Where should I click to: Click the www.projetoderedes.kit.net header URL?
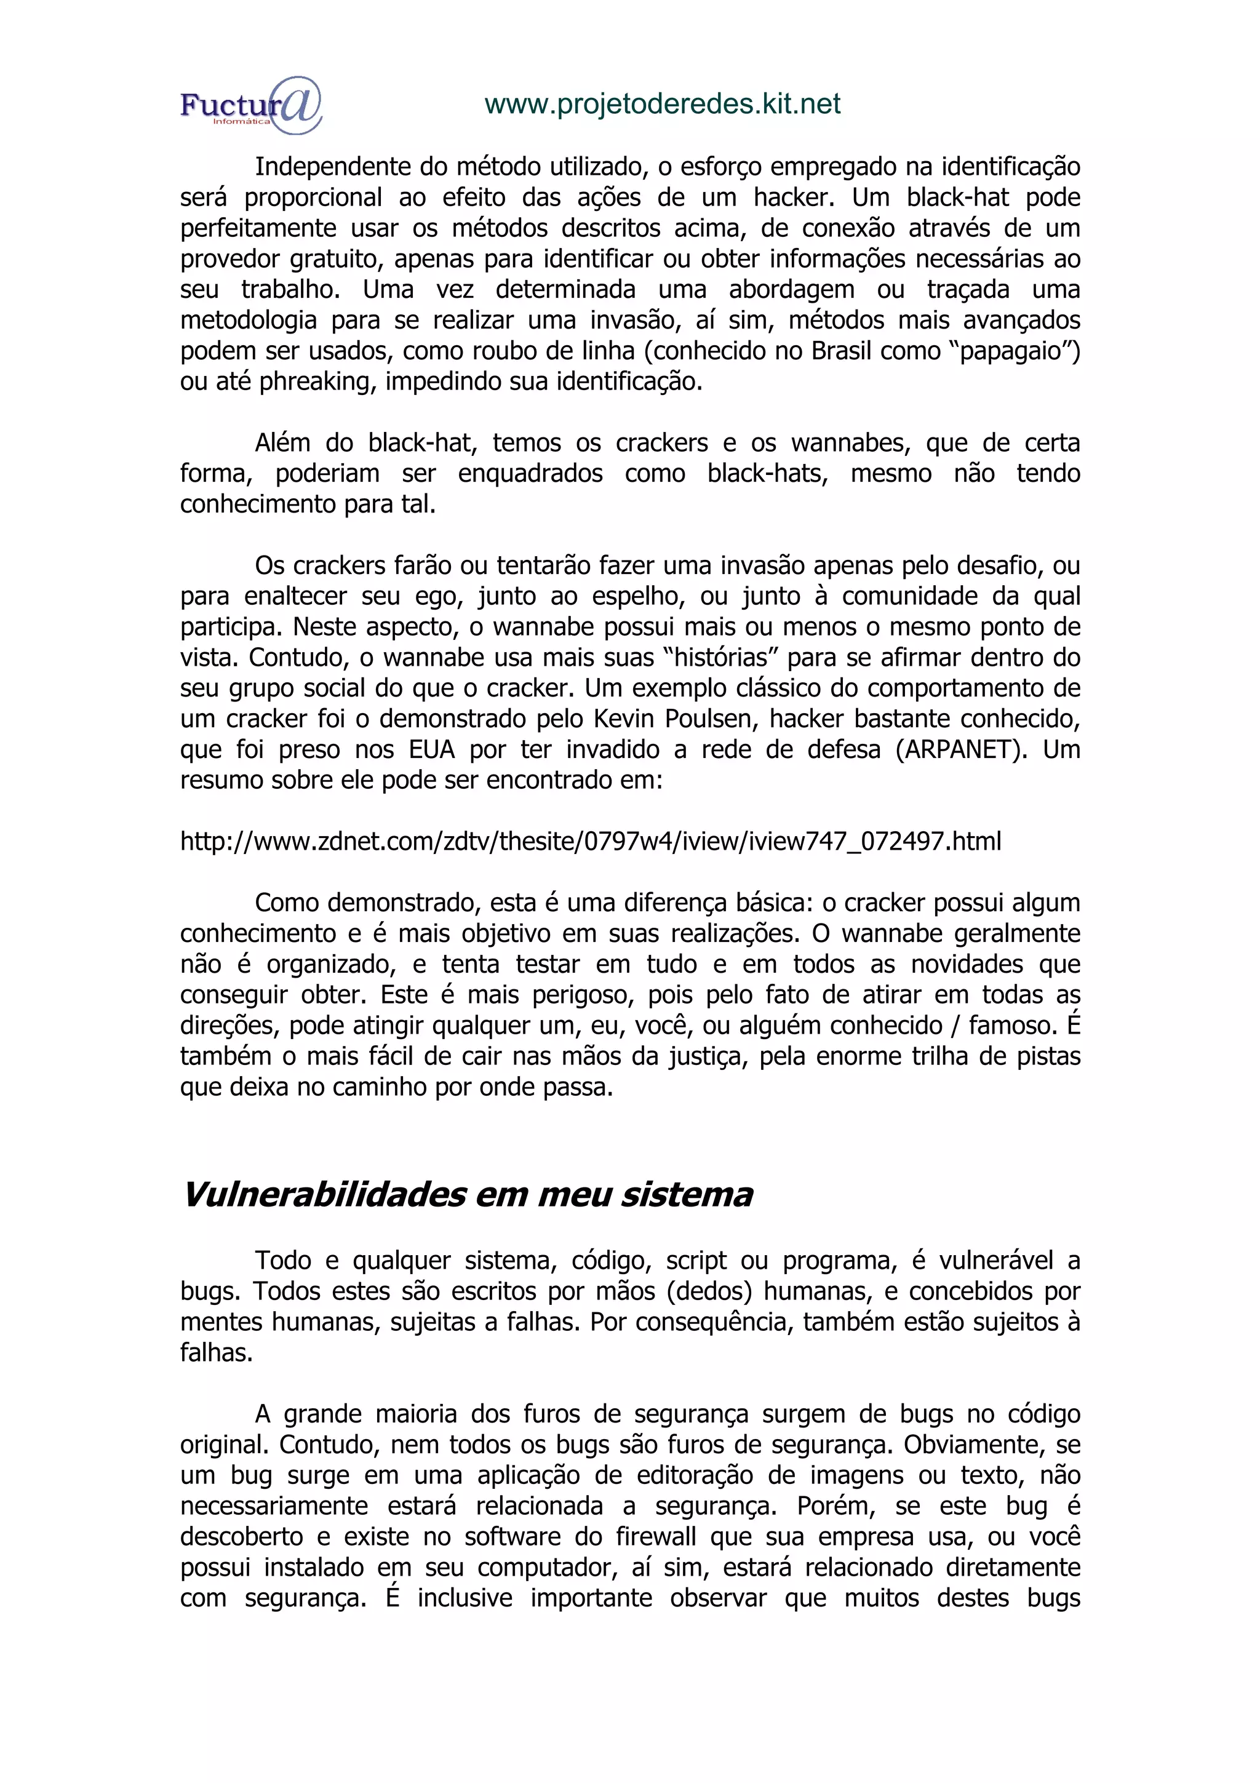662,104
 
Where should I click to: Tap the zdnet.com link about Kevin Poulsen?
590,841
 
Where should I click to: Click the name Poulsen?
708,719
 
